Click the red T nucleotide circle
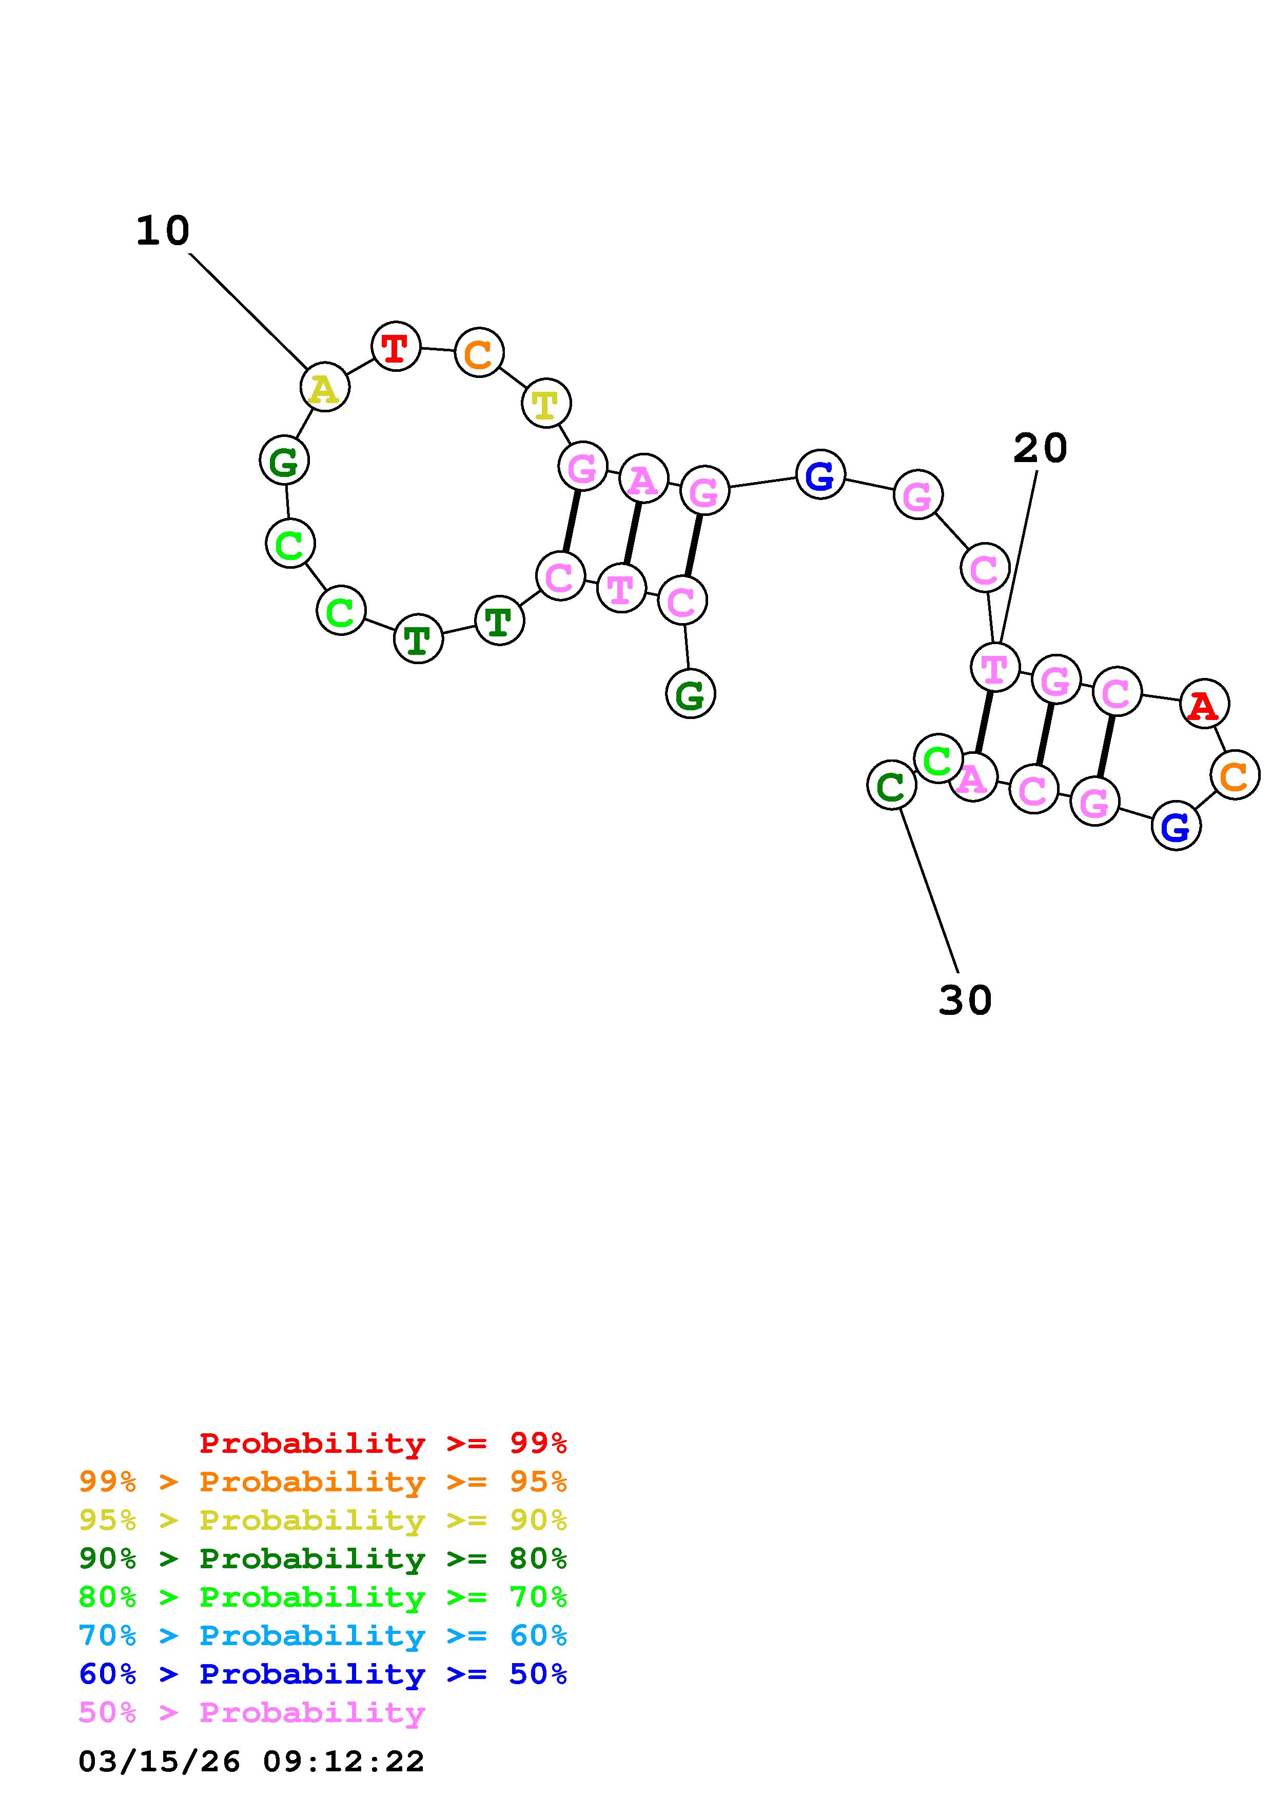coord(396,346)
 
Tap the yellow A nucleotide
coord(324,387)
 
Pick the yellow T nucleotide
coord(545,404)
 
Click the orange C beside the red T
coord(479,353)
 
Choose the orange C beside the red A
coord(1235,775)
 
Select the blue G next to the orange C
coord(1176,825)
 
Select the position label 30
coord(965,1001)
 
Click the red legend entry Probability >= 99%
coord(382,1443)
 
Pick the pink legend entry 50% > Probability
coord(251,1713)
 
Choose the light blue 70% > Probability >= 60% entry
coord(322,1636)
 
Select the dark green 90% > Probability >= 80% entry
coord(322,1558)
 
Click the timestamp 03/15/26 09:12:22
coord(251,1762)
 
